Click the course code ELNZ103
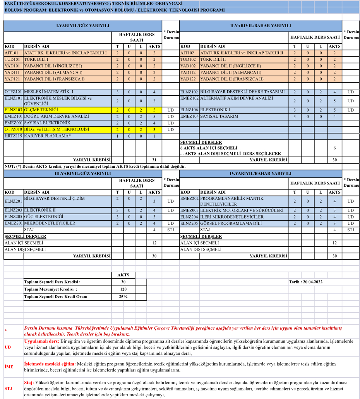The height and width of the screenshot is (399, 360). pos(14,110)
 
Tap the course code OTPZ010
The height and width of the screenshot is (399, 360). pos(14,129)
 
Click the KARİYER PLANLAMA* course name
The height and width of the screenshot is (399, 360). pos(47,136)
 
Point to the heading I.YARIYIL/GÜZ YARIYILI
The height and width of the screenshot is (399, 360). pos(83,26)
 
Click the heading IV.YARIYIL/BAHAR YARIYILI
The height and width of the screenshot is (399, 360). pos(261,174)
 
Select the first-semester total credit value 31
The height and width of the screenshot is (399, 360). pos(154,160)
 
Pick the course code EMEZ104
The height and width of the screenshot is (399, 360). pos(189,116)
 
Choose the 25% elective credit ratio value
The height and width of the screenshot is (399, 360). pos(123,296)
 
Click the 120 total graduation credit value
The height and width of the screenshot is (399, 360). pos(123,289)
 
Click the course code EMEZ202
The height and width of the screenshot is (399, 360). pos(189,199)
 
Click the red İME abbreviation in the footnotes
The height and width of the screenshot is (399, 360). pos(9,366)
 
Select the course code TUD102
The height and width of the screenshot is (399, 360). pos(188,60)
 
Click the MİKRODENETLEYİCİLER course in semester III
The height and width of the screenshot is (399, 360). pos(50,223)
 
